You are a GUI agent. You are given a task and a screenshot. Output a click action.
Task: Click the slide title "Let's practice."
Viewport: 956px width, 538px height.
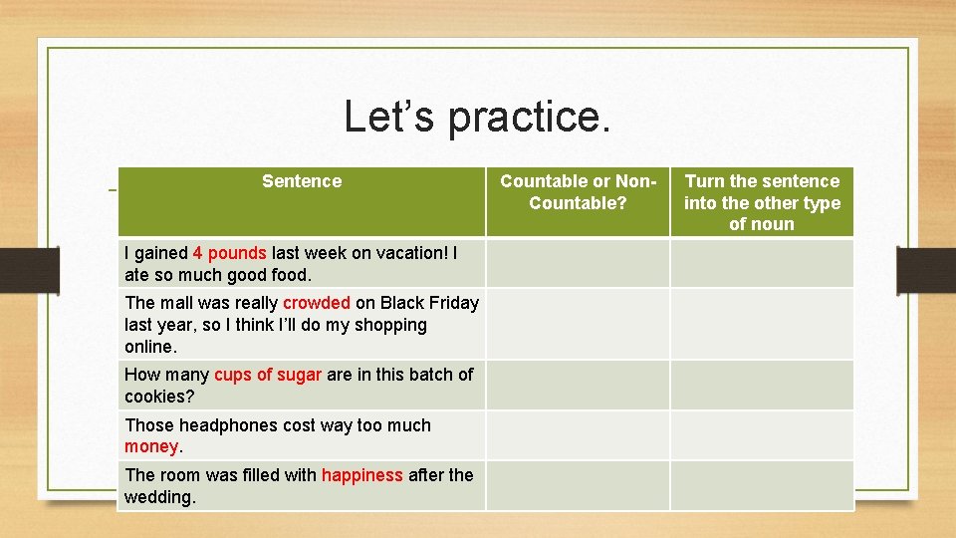477,117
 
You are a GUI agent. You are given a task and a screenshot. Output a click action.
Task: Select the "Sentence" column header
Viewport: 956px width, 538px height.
301,181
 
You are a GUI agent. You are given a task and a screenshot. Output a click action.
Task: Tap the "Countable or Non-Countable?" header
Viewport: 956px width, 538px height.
578,192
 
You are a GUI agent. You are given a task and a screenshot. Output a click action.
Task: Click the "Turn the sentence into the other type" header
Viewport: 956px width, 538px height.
762,202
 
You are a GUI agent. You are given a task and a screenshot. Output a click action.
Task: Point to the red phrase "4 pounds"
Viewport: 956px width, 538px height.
230,253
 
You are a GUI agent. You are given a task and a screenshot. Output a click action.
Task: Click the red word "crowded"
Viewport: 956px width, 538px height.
316,303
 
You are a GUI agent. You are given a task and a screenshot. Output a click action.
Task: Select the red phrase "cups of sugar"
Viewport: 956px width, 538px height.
268,375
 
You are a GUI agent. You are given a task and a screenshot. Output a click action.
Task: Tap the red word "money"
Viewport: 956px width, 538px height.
151,447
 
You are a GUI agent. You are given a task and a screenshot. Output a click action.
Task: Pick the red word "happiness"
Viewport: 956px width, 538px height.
361,475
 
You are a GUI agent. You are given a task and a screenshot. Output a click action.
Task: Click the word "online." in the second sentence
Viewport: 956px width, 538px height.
150,347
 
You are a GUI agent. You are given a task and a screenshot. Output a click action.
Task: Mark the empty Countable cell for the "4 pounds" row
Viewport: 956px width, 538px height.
578,263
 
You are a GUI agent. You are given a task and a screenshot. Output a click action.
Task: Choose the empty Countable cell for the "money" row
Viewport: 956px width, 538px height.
578,435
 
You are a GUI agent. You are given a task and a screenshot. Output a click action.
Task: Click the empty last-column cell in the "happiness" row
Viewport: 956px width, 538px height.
762,485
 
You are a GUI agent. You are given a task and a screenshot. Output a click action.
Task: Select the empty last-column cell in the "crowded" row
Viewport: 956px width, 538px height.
762,324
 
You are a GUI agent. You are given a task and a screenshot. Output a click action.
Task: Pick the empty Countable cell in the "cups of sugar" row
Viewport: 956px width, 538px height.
578,385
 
